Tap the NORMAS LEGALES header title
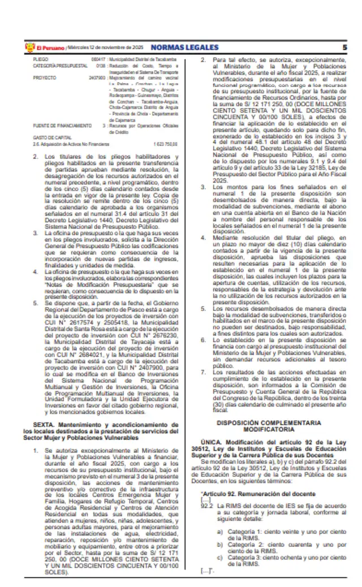point(175,48)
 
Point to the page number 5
point(344,48)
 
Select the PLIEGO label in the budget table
point(40,59)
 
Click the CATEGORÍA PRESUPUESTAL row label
point(54,66)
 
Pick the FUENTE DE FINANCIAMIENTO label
point(54,125)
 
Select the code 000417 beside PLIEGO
point(99,59)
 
